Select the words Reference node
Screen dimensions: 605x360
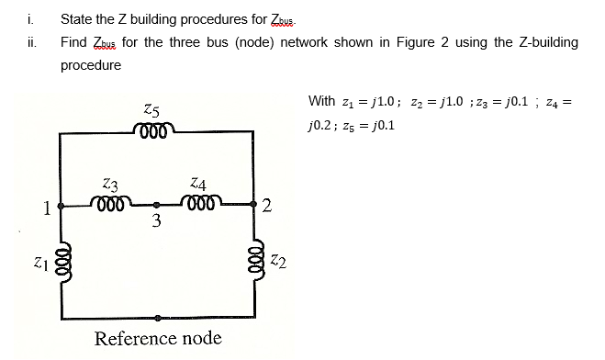pyautogui.click(x=158, y=338)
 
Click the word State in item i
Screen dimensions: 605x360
pyautogui.click(x=77, y=17)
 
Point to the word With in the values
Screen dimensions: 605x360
pyautogui.click(x=322, y=100)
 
